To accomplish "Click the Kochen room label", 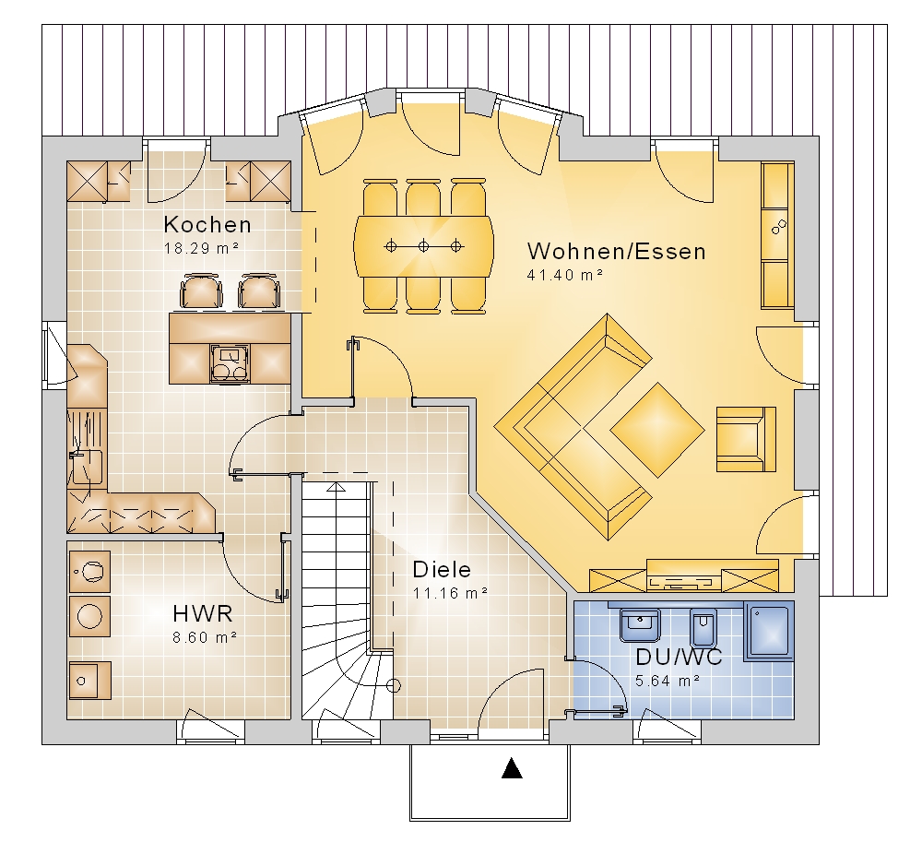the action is [207, 225].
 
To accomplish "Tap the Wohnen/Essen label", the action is [617, 252].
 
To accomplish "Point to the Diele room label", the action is [442, 569].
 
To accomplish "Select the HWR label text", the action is [203, 614].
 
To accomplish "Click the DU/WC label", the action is [680, 657].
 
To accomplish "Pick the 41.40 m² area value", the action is [565, 275].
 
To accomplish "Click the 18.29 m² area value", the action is [201, 249].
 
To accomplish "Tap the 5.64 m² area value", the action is [668, 681].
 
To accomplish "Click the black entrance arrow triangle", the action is [512, 768].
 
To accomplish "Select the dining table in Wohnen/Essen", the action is [423, 246].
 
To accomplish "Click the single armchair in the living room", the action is [746, 439].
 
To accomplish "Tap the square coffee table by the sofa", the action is [657, 430].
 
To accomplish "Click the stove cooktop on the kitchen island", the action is [230, 364].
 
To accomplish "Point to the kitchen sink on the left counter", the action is [87, 467].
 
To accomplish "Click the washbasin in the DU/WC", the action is [640, 625].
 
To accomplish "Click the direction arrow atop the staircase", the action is [336, 486].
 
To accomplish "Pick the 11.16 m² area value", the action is [450, 593].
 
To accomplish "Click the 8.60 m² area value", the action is [205, 637].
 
